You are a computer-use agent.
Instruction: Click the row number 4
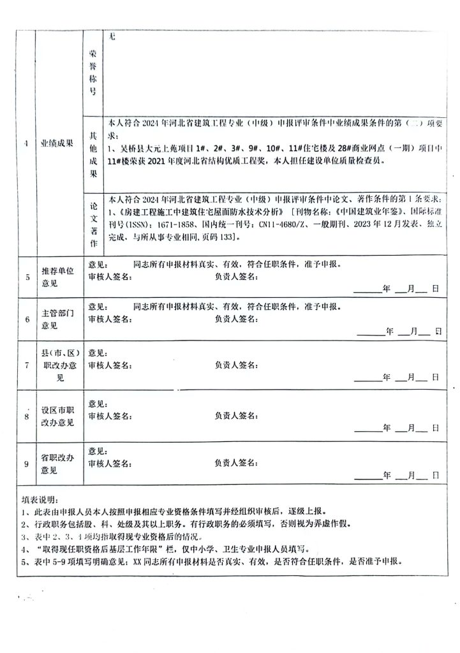coord(26,143)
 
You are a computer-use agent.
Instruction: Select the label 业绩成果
coord(56,143)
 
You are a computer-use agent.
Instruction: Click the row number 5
coord(26,277)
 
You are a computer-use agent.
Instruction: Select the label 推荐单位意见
coord(57,277)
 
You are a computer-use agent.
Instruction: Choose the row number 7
coord(26,365)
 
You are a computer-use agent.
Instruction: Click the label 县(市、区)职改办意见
coord(57,365)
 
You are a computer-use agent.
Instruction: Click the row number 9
coord(26,464)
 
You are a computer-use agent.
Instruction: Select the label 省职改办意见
coord(57,464)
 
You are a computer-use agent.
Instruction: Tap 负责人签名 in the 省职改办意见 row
coord(235,462)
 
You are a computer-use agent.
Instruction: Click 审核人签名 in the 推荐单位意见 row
coord(110,276)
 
